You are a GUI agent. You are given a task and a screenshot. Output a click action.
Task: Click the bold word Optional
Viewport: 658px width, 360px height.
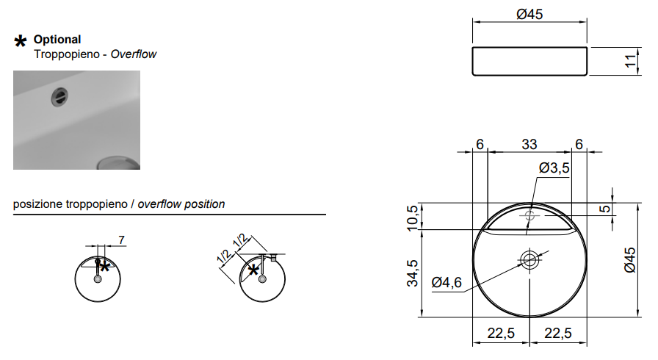[x=57, y=40]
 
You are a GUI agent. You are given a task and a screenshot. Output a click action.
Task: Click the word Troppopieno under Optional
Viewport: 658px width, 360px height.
[x=67, y=54]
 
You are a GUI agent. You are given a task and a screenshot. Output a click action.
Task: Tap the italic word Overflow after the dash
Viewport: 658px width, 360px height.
[x=134, y=54]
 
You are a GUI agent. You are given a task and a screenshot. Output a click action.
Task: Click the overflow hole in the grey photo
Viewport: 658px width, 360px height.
[x=59, y=98]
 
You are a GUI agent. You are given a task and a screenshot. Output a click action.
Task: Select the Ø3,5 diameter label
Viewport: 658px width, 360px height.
[x=554, y=168]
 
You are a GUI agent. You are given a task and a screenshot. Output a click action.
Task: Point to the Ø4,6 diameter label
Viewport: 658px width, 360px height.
[x=446, y=282]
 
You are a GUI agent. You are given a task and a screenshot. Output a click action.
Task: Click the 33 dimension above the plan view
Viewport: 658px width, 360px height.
[x=529, y=144]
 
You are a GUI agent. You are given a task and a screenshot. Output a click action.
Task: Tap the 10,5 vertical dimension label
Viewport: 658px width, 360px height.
[x=413, y=217]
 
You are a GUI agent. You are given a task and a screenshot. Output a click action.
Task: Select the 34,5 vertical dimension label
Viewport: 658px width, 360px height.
[x=413, y=273]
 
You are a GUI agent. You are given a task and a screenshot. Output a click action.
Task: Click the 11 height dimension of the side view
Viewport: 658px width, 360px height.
[x=630, y=61]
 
